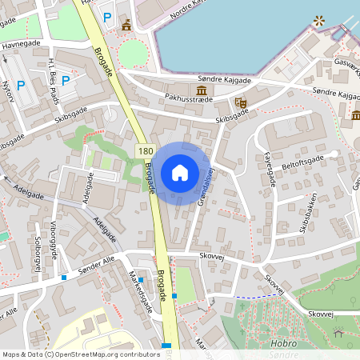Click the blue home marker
pyautogui.click(x=180, y=173)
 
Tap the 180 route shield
pyautogui.click(x=145, y=151)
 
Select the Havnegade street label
pyautogui.click(x=21, y=46)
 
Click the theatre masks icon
pyautogui.click(x=240, y=102)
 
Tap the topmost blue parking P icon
pyautogui.click(x=106, y=16)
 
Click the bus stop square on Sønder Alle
pyautogui.click(x=63, y=278)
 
